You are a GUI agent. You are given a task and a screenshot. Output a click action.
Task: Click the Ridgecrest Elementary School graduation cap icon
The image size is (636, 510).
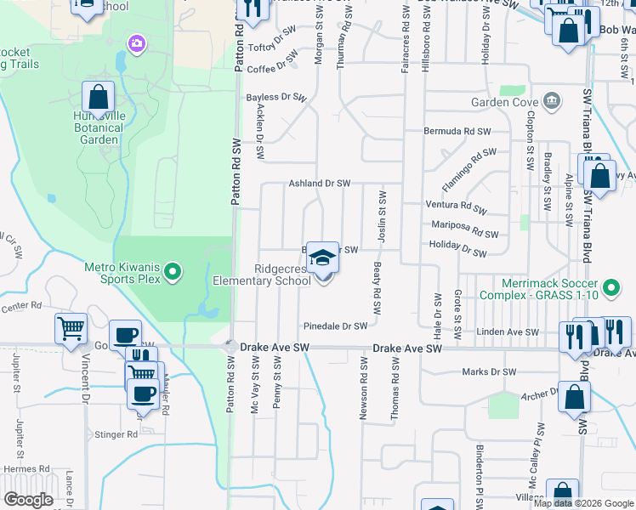322,257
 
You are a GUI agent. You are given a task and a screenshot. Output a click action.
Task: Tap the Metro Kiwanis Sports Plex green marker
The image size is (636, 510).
173,273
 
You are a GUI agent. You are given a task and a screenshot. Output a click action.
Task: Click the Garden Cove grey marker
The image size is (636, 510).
552,102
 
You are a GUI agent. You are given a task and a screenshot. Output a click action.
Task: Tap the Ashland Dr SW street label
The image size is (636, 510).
320,184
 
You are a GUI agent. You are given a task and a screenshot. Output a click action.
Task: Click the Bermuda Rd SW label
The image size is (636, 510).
458,132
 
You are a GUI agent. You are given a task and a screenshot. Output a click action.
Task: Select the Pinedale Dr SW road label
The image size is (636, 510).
336,326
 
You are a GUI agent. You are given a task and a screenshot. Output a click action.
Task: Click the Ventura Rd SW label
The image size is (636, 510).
457,207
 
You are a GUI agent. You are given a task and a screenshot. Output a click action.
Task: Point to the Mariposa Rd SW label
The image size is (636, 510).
464,229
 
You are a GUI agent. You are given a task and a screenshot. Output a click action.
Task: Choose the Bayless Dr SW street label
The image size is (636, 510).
275,98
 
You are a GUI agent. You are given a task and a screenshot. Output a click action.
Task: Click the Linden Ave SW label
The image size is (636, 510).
508,332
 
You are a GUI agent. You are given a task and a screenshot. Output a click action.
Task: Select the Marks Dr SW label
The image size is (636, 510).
489,372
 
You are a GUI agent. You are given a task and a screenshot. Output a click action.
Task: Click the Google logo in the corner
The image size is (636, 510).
28,500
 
